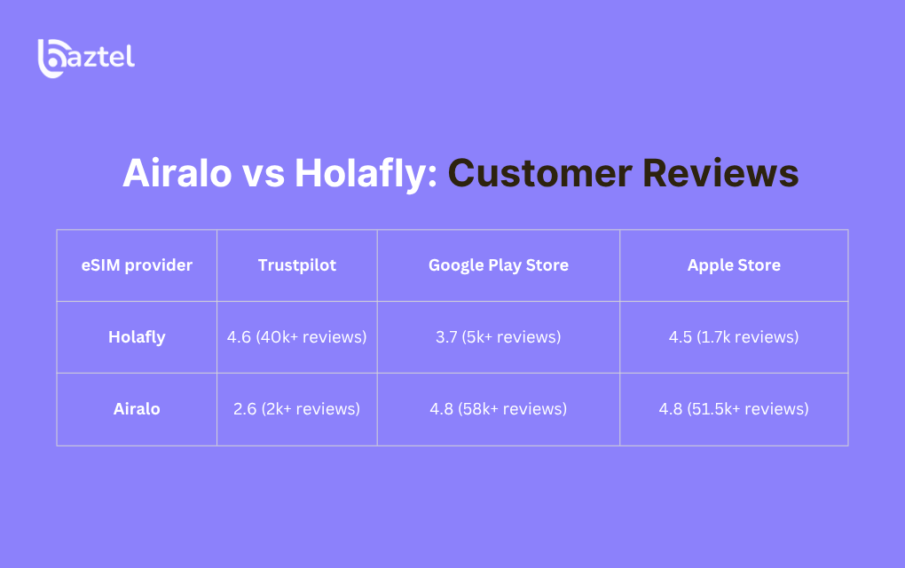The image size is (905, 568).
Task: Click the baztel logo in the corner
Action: (86, 58)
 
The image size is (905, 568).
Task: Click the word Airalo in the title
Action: (177, 173)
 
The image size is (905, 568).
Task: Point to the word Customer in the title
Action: (539, 173)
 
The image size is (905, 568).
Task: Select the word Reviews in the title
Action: (720, 173)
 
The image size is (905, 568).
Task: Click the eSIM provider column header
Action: (137, 265)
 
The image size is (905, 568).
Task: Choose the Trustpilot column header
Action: (296, 265)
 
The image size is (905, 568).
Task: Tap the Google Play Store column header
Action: (499, 265)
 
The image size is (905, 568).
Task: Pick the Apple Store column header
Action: (734, 265)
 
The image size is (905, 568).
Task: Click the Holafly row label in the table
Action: (137, 337)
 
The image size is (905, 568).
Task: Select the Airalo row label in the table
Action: (137, 408)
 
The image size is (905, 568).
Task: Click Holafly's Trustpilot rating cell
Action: (296, 337)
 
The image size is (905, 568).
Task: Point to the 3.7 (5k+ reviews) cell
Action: (498, 337)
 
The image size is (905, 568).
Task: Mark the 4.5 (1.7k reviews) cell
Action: (734, 337)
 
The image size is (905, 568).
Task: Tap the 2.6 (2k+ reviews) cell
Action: (296, 408)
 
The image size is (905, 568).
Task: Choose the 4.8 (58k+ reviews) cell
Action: (498, 408)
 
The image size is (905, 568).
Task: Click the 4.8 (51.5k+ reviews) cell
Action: (734, 408)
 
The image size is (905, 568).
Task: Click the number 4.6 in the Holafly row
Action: (239, 337)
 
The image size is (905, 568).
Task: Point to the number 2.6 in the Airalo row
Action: (245, 408)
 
